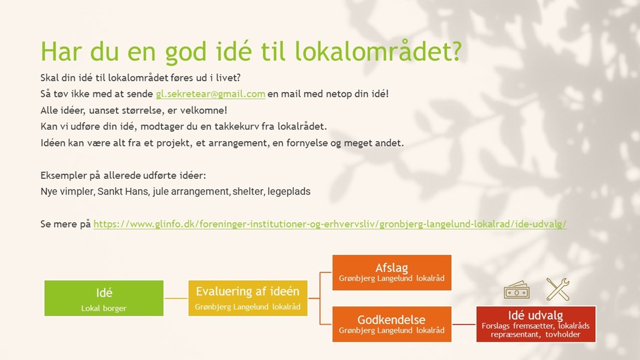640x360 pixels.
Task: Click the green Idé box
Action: pos(104,298)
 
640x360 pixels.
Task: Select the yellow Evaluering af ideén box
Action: pos(248,298)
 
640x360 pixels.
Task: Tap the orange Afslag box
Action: pos(392,272)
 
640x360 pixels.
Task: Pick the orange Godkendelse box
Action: pos(392,324)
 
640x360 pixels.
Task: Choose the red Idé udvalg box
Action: pos(536,324)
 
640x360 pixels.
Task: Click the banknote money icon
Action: pos(517,290)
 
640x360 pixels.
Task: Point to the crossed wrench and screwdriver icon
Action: pos(557,289)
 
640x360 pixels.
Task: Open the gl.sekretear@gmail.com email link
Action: pos(211,94)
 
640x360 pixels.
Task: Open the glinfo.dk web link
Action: pos(330,224)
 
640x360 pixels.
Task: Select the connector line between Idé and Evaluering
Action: pos(176,298)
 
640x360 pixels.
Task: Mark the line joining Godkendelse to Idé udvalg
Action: pos(464,324)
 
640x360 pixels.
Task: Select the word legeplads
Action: pos(289,192)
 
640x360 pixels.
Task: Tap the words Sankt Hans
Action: pos(123,191)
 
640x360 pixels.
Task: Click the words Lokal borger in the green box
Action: pos(104,308)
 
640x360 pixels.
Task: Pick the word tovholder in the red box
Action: pos(563,334)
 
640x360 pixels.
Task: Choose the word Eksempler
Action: pos(63,176)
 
